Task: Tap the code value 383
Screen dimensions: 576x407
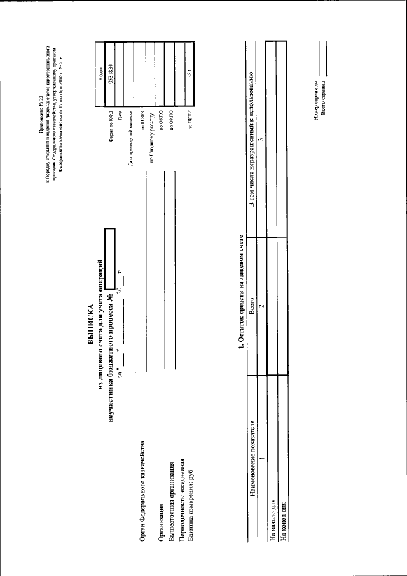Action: click(x=189, y=73)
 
